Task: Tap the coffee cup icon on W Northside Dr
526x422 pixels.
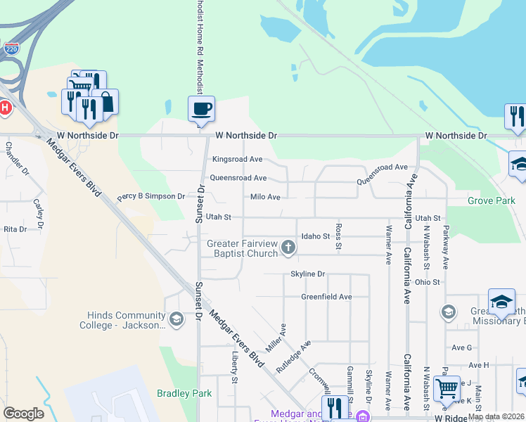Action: [x=201, y=109]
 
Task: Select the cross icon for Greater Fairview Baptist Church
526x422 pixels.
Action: [x=288, y=247]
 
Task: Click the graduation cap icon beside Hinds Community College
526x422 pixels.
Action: [x=176, y=321]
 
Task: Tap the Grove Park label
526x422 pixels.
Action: [x=491, y=200]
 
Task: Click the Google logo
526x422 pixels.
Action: [x=23, y=414]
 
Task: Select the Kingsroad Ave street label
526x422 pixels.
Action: [x=237, y=160]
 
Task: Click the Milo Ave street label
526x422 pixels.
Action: [x=265, y=198]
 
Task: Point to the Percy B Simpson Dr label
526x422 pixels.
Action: [x=150, y=196]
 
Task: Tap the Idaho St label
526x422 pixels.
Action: [x=316, y=236]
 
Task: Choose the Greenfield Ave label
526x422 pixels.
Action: [x=326, y=297]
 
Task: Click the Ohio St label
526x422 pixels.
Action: [x=427, y=282]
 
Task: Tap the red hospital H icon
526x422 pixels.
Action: [x=5, y=108]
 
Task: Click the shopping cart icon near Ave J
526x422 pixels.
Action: [x=447, y=388]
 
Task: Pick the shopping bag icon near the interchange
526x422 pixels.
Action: [x=106, y=102]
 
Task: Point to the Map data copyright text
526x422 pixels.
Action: [x=496, y=416]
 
